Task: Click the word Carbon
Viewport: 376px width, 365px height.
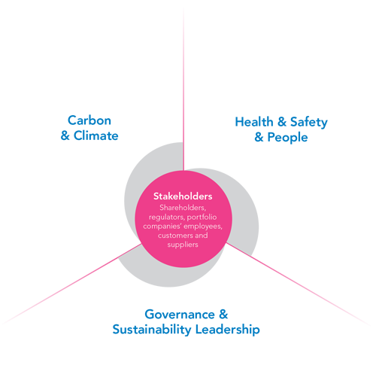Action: [89, 120]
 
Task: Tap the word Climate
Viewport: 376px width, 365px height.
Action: [96, 135]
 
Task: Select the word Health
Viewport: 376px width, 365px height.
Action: [254, 122]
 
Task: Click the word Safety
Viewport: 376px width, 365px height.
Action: [309, 123]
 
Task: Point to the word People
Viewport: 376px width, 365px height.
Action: [287, 138]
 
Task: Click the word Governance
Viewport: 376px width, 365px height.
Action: [180, 315]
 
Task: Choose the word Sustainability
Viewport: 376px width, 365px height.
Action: [152, 330]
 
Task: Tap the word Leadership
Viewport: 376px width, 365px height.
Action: [227, 330]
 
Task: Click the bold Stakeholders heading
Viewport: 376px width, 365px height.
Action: [183, 196]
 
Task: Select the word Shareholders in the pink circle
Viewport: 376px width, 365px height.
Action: [183, 208]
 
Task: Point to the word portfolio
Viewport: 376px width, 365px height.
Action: [202, 217]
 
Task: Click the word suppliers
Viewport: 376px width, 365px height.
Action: [183, 245]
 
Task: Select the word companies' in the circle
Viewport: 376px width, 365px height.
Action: [162, 227]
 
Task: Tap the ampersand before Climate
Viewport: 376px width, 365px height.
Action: [65, 135]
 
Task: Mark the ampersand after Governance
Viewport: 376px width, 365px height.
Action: [223, 315]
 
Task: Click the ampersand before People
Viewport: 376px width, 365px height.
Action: [259, 137]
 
